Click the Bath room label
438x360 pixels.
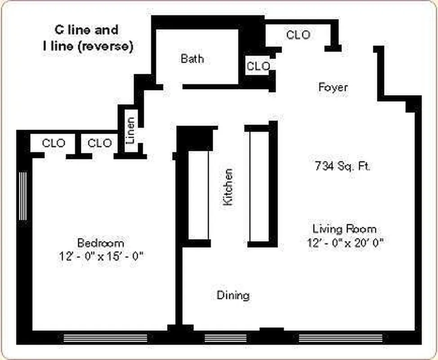(x=192, y=58)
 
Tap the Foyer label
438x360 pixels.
(x=333, y=87)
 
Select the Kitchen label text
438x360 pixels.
(x=228, y=187)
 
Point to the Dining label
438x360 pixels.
(x=233, y=296)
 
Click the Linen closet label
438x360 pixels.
(x=130, y=130)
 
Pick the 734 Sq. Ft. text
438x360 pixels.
(x=343, y=166)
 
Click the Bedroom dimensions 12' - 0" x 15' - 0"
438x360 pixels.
(x=101, y=256)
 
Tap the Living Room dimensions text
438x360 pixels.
(x=345, y=243)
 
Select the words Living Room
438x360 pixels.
(x=344, y=229)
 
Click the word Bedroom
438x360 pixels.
(x=101, y=243)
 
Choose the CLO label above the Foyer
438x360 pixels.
(x=298, y=35)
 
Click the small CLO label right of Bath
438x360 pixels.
(x=259, y=66)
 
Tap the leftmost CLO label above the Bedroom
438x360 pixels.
(x=54, y=143)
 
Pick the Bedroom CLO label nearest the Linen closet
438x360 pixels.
(x=100, y=143)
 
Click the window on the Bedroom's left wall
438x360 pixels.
(x=23, y=196)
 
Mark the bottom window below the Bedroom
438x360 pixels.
(x=105, y=338)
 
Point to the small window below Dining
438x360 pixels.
(x=226, y=338)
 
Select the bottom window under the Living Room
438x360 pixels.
(x=341, y=338)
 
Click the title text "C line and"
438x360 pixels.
(x=87, y=30)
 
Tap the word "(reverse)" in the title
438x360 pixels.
(x=106, y=46)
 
